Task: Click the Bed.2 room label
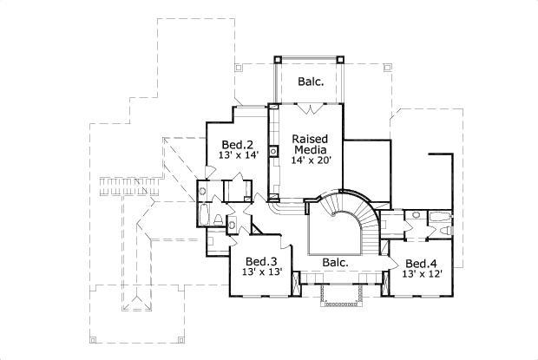click(236, 144)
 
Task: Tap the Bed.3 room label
click(260, 261)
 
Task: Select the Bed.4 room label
click(422, 263)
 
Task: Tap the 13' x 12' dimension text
click(422, 274)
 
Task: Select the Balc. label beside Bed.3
click(335, 261)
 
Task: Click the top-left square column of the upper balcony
click(277, 60)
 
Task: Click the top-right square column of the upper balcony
click(343, 60)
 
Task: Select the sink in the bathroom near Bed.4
click(417, 213)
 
